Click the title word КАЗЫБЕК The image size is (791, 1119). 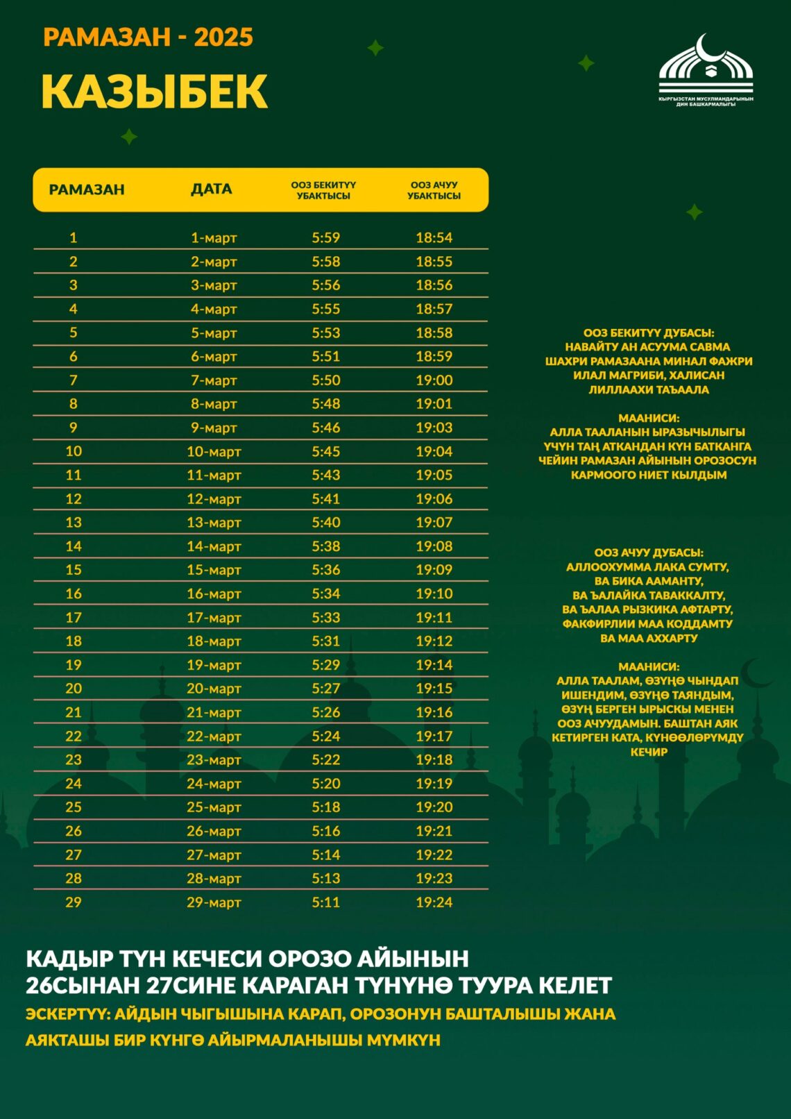(x=154, y=92)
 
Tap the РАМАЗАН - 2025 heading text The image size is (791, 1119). (x=148, y=37)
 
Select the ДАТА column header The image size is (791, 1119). (x=212, y=190)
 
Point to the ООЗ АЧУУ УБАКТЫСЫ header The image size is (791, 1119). (x=434, y=190)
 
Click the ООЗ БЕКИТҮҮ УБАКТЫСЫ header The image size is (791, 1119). (x=323, y=190)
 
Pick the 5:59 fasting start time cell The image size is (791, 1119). (x=325, y=238)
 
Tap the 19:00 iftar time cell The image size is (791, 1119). (x=434, y=380)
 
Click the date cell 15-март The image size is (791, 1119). (x=214, y=570)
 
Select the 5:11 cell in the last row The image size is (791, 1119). (x=325, y=902)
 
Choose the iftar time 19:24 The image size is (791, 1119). (x=434, y=902)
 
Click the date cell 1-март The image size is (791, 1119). (x=214, y=238)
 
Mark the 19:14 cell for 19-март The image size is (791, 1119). (x=434, y=665)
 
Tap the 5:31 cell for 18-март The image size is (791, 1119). (x=325, y=641)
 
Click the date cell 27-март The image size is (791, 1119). (x=214, y=855)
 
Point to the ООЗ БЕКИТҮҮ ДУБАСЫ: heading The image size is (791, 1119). (x=648, y=333)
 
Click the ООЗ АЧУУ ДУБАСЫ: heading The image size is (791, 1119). (x=648, y=553)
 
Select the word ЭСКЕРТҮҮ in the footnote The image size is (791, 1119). (x=67, y=1014)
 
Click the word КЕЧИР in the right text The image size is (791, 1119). (x=648, y=752)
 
